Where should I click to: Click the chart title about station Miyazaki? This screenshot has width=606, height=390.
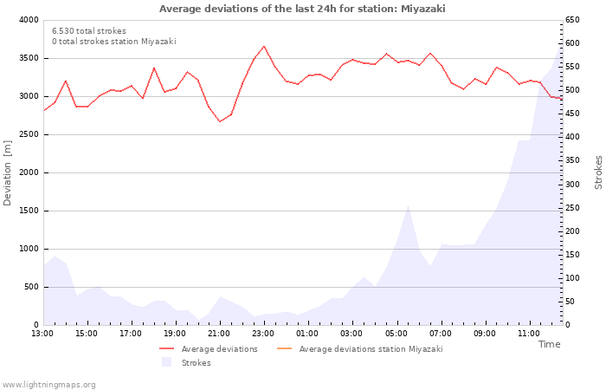coord(302,9)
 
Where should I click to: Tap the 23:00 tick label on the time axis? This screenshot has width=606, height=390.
coord(263,333)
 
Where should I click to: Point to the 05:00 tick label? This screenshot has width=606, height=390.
coord(396,333)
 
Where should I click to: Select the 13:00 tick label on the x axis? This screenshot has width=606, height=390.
coord(42,333)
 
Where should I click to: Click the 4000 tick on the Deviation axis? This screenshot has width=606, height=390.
coord(28,20)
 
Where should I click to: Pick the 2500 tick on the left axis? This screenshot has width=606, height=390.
coord(28,134)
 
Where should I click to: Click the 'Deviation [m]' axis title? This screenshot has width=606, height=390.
coord(8,172)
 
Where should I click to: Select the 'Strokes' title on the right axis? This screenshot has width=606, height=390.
coord(598,172)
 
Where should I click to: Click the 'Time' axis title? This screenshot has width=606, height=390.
coord(549,344)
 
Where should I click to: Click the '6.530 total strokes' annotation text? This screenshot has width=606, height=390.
coord(88,31)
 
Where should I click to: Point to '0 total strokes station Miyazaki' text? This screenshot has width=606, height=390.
coord(113,42)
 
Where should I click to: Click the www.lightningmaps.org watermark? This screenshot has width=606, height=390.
coord(49,385)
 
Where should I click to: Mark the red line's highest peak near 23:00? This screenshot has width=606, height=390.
coord(264,47)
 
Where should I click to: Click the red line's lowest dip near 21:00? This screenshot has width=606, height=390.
coord(220,121)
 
